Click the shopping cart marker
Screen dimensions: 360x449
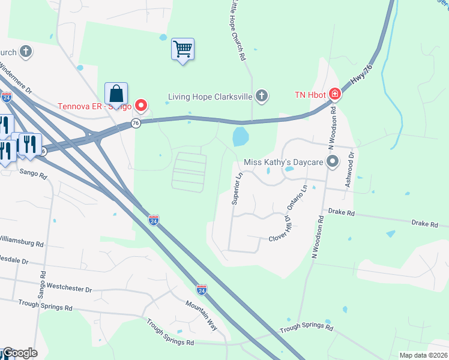click(182, 49)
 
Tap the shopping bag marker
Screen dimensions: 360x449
click(116, 94)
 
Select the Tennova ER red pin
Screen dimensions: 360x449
click(141, 106)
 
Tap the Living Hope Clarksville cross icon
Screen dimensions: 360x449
click(261, 95)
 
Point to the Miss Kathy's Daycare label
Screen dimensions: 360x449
click(283, 163)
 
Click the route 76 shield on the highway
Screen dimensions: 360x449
click(136, 123)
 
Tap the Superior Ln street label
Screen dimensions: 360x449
click(237, 188)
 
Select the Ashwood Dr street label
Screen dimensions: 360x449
click(352, 170)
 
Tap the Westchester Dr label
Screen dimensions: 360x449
click(69, 289)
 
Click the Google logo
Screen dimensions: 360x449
click(19, 353)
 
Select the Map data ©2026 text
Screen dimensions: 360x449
click(423, 355)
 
